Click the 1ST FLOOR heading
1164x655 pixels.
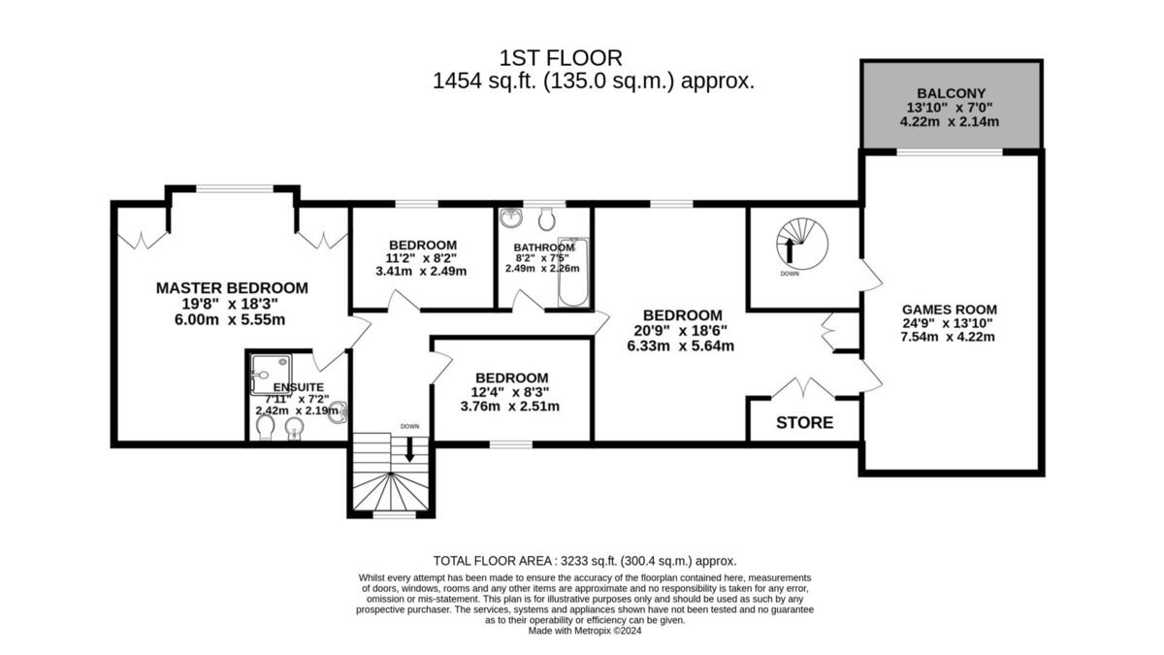561,58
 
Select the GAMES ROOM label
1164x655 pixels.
948,310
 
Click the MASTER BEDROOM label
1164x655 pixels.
232,288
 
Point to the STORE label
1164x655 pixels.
804,423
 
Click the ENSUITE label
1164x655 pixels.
293,387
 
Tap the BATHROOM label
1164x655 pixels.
543,247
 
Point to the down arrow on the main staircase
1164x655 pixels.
409,447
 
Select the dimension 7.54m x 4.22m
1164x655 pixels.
948,338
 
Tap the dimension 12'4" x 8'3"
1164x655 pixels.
511,393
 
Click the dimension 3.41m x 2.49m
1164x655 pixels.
422,272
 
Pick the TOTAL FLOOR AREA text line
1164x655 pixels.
584,561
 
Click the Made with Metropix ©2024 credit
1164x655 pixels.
586,631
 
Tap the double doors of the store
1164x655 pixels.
803,389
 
